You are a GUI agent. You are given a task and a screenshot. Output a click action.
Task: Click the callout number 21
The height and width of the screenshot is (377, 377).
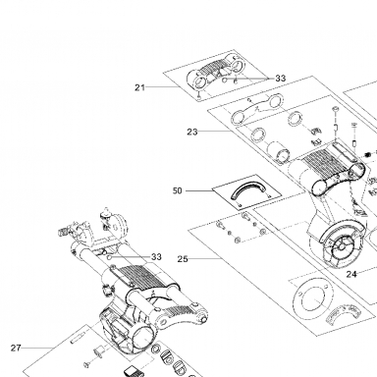pos(139,87)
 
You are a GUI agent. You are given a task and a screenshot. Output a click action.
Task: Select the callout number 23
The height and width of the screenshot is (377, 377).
pos(192,132)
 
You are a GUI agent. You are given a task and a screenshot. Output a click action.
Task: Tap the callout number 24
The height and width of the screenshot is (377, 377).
pos(351,274)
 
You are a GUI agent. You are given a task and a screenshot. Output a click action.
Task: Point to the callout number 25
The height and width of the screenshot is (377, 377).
pos(183,259)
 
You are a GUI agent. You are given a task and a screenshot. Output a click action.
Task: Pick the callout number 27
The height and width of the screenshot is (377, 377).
pos(16,348)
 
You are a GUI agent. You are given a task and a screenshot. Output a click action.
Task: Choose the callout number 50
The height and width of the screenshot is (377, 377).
pos(177,190)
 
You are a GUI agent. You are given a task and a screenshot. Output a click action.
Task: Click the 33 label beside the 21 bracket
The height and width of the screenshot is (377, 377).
pos(280,79)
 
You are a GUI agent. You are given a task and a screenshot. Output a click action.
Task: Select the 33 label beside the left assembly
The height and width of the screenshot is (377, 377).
pos(156,257)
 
